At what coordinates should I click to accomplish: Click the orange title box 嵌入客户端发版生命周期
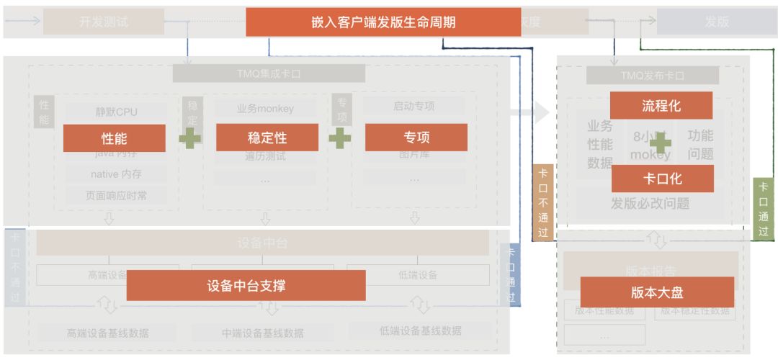pyautogui.click(x=383, y=22)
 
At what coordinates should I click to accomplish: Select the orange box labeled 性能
pyautogui.click(x=114, y=138)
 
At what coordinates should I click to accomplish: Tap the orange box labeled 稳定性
pyautogui.click(x=267, y=138)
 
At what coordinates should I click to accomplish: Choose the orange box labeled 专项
pyautogui.click(x=416, y=138)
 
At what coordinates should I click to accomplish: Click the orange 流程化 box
pyautogui.click(x=661, y=106)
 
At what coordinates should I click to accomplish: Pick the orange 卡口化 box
pyautogui.click(x=662, y=179)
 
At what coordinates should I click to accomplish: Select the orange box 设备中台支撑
pyautogui.click(x=246, y=286)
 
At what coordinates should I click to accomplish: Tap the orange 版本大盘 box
pyautogui.click(x=656, y=292)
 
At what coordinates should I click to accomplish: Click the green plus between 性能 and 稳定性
pyautogui.click(x=190, y=138)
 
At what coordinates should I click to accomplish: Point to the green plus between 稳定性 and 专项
pyautogui.click(x=340, y=138)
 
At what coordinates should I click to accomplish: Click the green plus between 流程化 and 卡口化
pyautogui.click(x=660, y=142)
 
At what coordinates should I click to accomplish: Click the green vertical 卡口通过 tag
pyautogui.click(x=763, y=209)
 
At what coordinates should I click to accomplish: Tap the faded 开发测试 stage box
pyautogui.click(x=104, y=22)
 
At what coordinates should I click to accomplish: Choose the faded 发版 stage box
pyautogui.click(x=716, y=22)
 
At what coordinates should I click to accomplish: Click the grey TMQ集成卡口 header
pyautogui.click(x=269, y=73)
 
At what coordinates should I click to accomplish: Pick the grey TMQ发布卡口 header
pyautogui.click(x=652, y=76)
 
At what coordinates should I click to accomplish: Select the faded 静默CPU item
pyautogui.click(x=116, y=112)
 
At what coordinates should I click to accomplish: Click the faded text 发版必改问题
pyautogui.click(x=650, y=204)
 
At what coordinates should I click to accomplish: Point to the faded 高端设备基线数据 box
pyautogui.click(x=107, y=333)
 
